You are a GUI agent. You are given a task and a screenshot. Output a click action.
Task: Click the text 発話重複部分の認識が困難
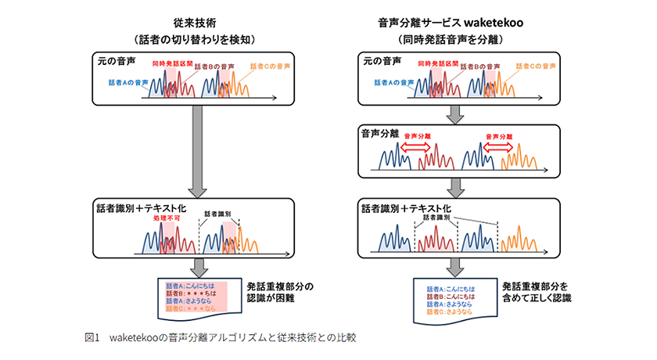click(x=280, y=292)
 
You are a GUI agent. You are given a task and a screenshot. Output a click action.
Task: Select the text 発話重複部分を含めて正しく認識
click(x=537, y=292)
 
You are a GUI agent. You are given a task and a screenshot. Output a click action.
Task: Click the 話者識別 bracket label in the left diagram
click(x=218, y=213)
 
